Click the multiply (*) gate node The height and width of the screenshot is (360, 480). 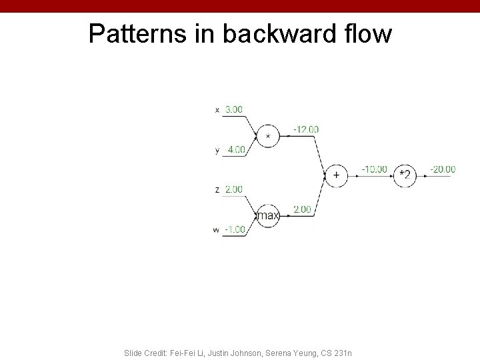tap(268, 136)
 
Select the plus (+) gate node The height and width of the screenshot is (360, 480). tap(336, 175)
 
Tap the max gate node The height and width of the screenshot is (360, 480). tap(268, 215)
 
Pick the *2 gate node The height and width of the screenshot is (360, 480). tap(405, 175)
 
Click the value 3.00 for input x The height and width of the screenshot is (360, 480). tap(233, 109)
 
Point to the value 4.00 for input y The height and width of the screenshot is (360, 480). tap(235, 149)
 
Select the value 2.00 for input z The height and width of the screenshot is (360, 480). tap(233, 189)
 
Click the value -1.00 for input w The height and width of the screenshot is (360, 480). tap(234, 229)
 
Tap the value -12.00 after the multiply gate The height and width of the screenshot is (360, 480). tap(306, 129)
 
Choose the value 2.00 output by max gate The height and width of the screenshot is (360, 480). tap(302, 209)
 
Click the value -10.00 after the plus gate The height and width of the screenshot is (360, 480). tap(374, 169)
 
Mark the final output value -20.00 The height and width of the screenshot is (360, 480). tap(443, 169)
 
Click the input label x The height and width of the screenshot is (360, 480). tap(217, 110)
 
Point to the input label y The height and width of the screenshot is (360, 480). tap(217, 151)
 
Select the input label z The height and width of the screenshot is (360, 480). tap(217, 190)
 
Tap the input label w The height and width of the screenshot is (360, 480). tap(216, 230)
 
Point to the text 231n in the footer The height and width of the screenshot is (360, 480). tap(343, 351)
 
